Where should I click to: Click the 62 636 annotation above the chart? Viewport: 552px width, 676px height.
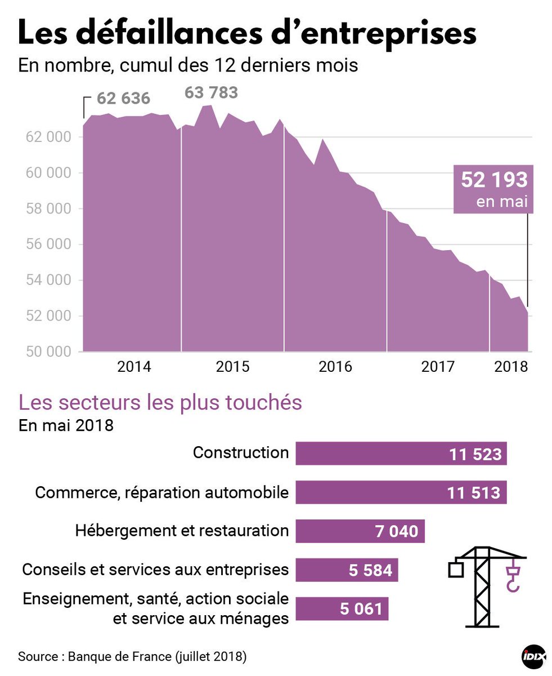pyautogui.click(x=123, y=99)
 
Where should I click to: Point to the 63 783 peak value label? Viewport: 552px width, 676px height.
pyautogui.click(x=212, y=92)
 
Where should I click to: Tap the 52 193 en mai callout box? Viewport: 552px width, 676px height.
pyautogui.click(x=493, y=189)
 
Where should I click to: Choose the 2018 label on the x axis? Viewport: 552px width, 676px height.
pyautogui.click(x=510, y=367)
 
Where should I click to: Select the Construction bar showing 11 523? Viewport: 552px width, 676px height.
pyautogui.click(x=401, y=453)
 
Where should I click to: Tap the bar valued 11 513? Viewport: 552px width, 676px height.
pyautogui.click(x=401, y=492)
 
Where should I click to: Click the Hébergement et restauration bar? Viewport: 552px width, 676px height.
pyautogui.click(x=360, y=531)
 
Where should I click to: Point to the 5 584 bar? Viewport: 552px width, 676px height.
pyautogui.click(x=347, y=570)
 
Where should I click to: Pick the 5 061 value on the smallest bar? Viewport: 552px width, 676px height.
pyautogui.click(x=361, y=609)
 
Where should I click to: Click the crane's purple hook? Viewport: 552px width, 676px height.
pyautogui.click(x=513, y=580)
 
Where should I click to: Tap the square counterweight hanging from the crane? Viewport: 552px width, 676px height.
pyautogui.click(x=456, y=570)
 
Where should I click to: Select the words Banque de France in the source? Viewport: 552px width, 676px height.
pyautogui.click(x=120, y=657)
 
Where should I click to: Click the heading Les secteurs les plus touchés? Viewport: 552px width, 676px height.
pyautogui.click(x=160, y=403)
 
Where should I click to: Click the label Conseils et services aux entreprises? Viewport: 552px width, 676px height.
pyautogui.click(x=155, y=570)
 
